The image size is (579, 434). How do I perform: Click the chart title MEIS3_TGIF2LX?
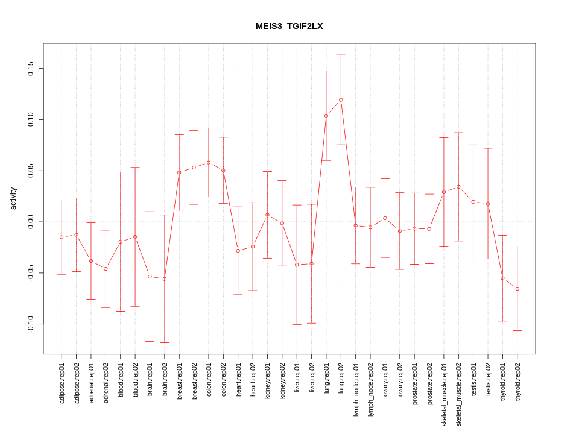(289, 26)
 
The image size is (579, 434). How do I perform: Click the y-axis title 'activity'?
(14, 198)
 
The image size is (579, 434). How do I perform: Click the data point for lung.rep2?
(341, 100)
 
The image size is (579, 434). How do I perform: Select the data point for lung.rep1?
(326, 116)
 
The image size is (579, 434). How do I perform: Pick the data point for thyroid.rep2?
(517, 289)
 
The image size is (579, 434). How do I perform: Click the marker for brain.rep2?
(165, 278)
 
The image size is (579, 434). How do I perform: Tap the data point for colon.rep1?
(209, 162)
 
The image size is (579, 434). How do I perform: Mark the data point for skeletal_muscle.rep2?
(458, 187)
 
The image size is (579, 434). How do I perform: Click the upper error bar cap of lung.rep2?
(341, 55)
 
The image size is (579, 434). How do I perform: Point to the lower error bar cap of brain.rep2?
(165, 342)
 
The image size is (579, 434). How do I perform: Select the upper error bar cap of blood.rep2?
(135, 168)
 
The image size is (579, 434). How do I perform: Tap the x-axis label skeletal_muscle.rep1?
(444, 394)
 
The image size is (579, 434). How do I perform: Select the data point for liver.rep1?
(297, 265)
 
